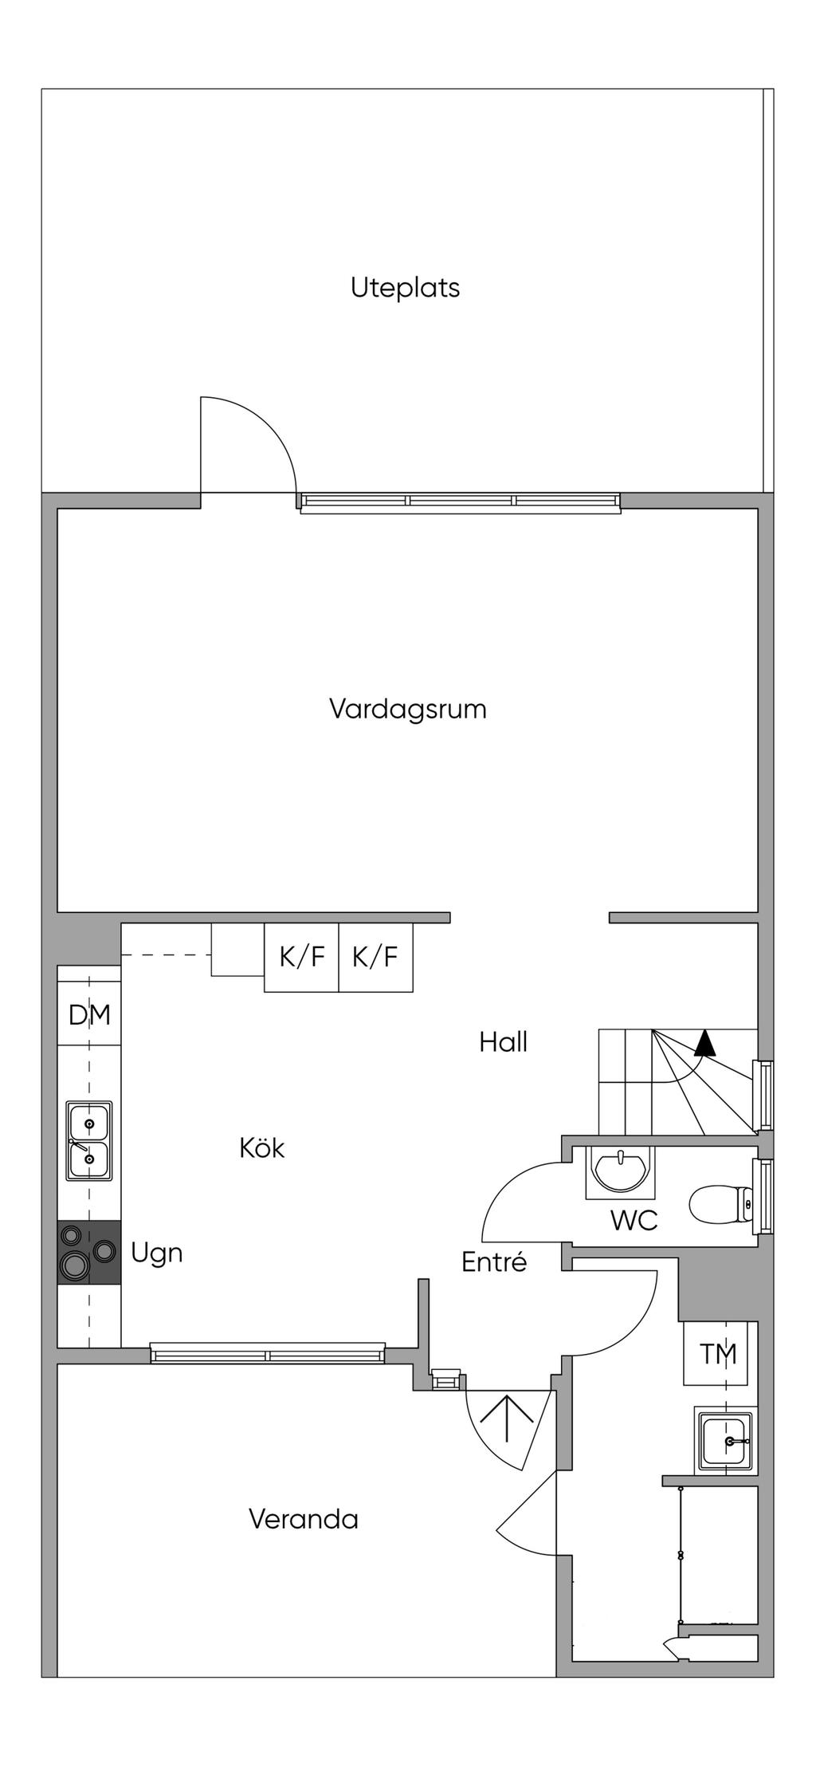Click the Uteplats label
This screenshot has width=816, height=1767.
click(x=405, y=287)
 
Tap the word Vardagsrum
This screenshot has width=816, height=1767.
click(x=407, y=709)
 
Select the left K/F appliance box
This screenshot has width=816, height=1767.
click(x=301, y=957)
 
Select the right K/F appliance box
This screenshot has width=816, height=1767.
click(x=375, y=957)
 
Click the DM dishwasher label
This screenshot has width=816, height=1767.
click(x=89, y=1015)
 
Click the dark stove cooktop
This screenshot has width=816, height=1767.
click(x=89, y=1253)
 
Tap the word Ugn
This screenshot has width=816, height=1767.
click(x=157, y=1253)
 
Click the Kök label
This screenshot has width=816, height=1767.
click(x=262, y=1148)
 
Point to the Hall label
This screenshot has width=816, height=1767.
click(x=504, y=1042)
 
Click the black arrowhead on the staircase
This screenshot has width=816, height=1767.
click(x=704, y=1042)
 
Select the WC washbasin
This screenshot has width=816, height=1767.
click(x=621, y=1172)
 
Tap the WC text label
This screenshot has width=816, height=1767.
click(x=634, y=1220)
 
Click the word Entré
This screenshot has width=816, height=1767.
click(x=494, y=1262)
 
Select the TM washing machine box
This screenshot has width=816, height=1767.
click(x=716, y=1353)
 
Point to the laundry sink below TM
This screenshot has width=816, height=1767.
click(x=724, y=1442)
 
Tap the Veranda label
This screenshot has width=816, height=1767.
click(x=304, y=1519)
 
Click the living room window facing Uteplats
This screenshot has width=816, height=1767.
click(x=460, y=502)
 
